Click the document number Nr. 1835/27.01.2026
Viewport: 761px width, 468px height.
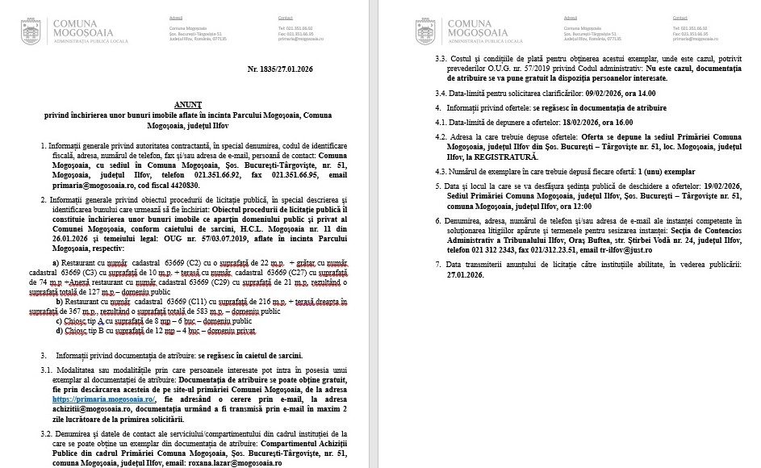click(280, 69)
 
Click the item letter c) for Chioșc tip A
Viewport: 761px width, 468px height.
click(59, 320)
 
